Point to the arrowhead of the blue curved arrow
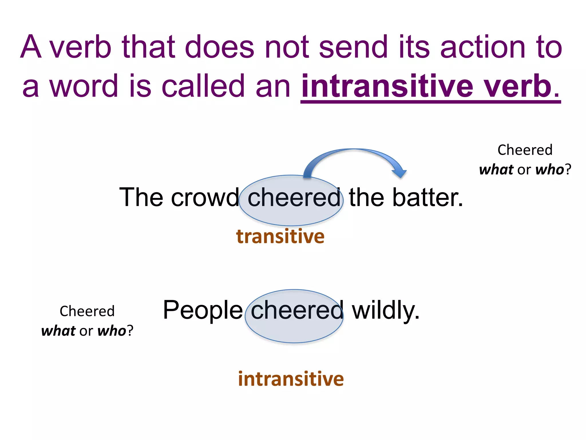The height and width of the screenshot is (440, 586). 400,173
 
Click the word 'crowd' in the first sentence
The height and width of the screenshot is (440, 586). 205,198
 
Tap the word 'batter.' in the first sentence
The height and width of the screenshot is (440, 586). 427,198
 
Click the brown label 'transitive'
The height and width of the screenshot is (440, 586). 280,237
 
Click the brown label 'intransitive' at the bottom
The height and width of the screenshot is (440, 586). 291,379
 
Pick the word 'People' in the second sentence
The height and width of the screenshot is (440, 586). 203,310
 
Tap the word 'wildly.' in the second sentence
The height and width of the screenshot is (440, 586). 386,310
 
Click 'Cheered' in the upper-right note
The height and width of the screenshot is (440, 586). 525,150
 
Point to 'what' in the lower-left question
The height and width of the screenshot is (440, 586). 58,331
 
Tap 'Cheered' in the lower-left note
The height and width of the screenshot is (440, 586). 87,311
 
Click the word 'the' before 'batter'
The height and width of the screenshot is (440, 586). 366,198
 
